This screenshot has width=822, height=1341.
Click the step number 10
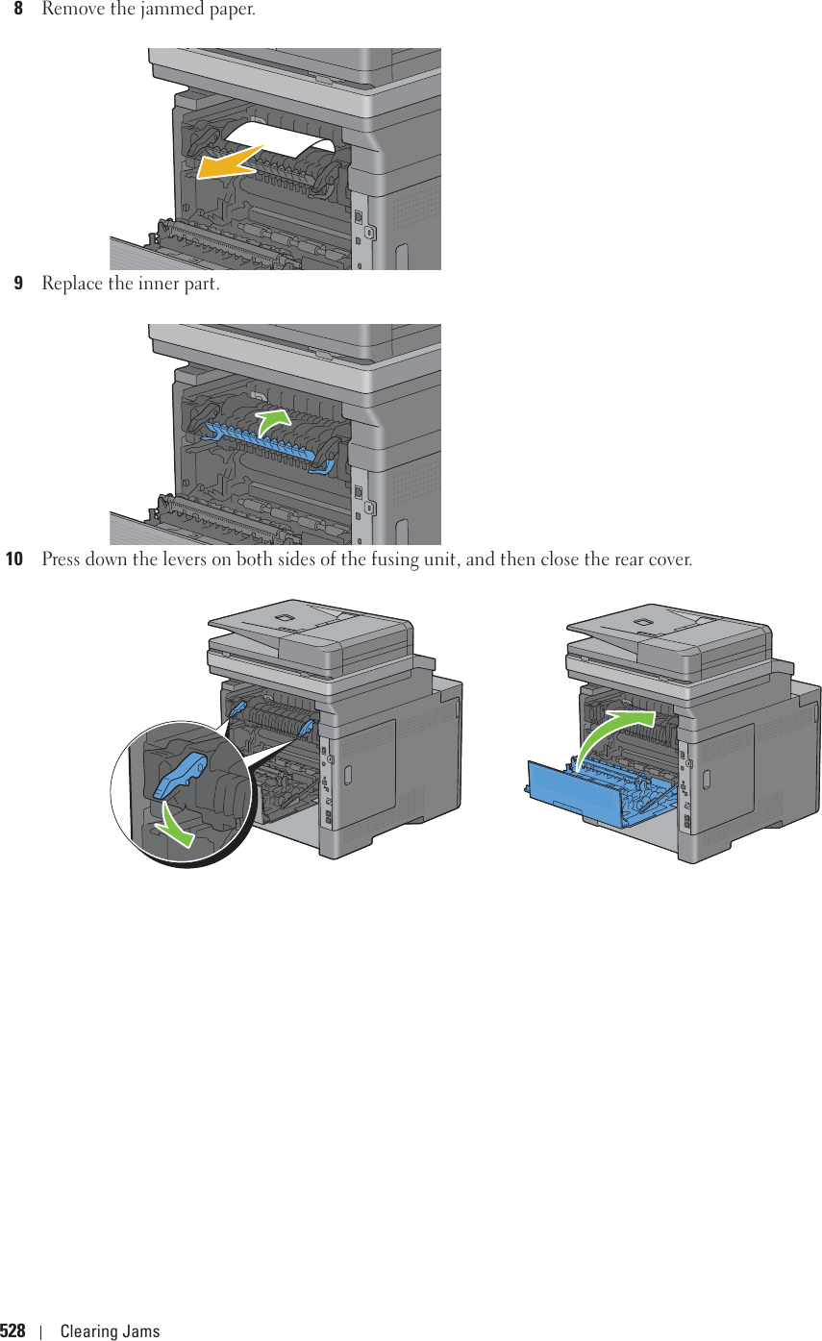point(15,559)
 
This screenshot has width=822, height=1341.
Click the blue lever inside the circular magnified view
point(180,775)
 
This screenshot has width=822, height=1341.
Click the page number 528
point(13,1331)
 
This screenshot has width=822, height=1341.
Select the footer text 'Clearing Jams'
point(110,1331)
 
